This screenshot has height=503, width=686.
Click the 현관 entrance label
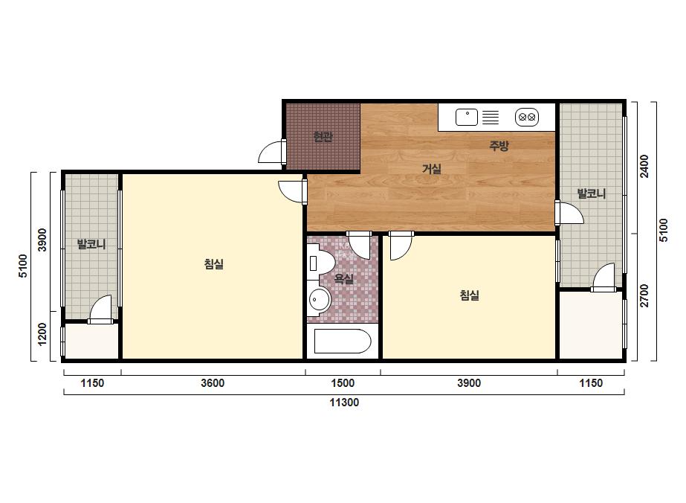(x=323, y=137)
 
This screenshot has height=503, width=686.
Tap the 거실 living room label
(x=431, y=169)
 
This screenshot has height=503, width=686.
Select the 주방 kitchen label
(x=499, y=145)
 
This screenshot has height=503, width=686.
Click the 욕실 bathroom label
(x=344, y=279)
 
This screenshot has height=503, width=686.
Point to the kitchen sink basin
(x=467, y=117)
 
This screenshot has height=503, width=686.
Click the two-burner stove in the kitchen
(x=527, y=117)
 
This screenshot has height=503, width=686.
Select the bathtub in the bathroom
(x=343, y=341)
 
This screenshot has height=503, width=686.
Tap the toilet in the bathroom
(x=320, y=263)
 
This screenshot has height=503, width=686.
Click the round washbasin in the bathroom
(x=320, y=300)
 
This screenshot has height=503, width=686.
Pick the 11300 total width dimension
(x=344, y=403)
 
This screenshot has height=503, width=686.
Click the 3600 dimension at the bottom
(x=213, y=383)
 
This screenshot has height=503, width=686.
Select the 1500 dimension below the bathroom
(x=343, y=383)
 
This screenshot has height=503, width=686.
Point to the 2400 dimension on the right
(x=644, y=166)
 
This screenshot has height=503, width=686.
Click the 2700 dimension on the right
(x=644, y=295)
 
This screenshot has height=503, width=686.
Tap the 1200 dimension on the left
(x=42, y=334)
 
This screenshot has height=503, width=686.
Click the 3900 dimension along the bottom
(x=469, y=383)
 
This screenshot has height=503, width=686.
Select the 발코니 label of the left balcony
(x=91, y=244)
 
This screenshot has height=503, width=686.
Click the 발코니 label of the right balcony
(x=592, y=193)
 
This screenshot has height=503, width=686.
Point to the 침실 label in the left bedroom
(x=214, y=263)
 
